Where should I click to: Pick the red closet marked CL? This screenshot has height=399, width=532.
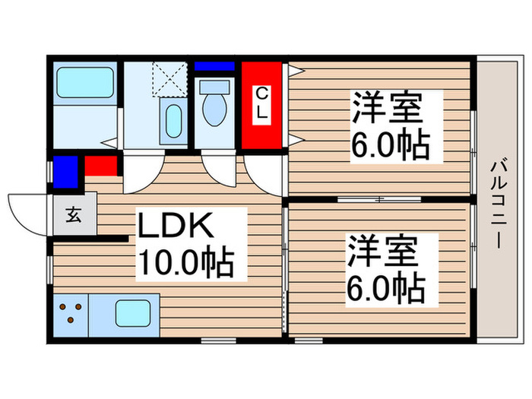point(261,106)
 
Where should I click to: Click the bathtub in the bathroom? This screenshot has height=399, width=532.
point(84,81)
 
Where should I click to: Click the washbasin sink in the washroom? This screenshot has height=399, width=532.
point(173,122)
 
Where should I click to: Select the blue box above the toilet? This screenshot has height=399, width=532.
point(215,66)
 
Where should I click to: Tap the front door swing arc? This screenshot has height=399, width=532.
point(29,214)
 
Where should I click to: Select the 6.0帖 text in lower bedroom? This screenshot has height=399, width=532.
point(386,287)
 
